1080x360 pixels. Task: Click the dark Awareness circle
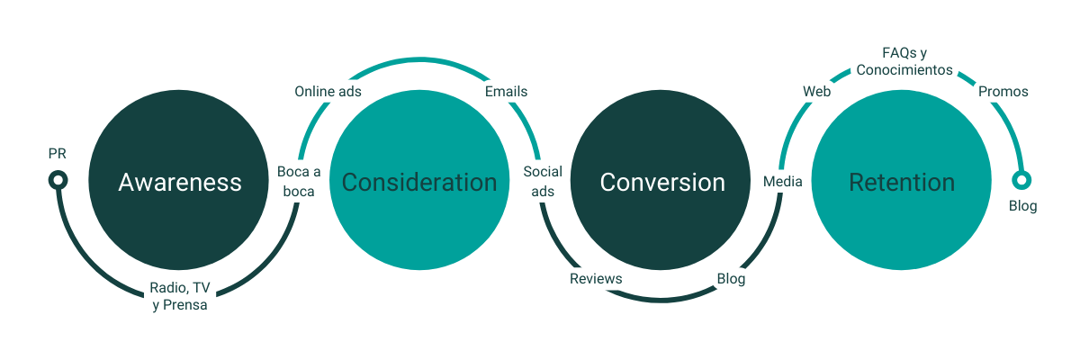pyautogui.click(x=178, y=180)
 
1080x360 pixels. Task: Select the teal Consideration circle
pyautogui.click(x=419, y=180)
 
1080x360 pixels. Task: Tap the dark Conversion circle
pyautogui.click(x=661, y=180)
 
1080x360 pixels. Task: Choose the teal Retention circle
pyautogui.click(x=902, y=180)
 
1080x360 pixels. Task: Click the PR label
pyautogui.click(x=57, y=154)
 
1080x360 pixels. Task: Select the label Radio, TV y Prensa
pyautogui.click(x=180, y=296)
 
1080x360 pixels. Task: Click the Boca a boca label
pyautogui.click(x=299, y=182)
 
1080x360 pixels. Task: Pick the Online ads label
pyautogui.click(x=328, y=92)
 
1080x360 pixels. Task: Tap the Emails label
pyautogui.click(x=506, y=92)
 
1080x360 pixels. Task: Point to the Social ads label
pyautogui.click(x=543, y=182)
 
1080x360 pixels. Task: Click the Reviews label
pyautogui.click(x=596, y=279)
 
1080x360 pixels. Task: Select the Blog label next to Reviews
pyautogui.click(x=731, y=279)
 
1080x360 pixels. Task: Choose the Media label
pyautogui.click(x=782, y=182)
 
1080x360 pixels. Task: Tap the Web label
pyautogui.click(x=817, y=92)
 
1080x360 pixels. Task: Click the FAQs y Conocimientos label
pyautogui.click(x=904, y=61)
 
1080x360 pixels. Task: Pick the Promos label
pyautogui.click(x=1003, y=92)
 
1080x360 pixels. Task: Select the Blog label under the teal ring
pyautogui.click(x=1022, y=206)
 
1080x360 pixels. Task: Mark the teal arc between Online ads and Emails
pyautogui.click(x=419, y=59)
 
